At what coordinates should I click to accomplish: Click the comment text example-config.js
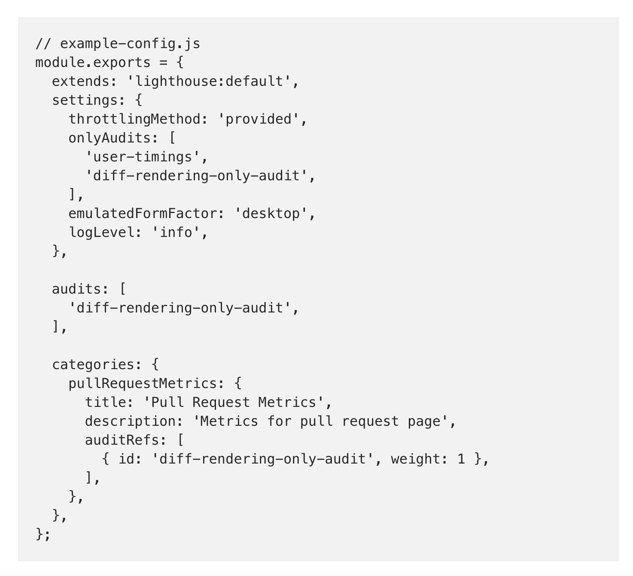(130, 44)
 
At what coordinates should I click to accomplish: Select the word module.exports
(93, 63)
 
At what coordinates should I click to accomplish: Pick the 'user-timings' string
(143, 157)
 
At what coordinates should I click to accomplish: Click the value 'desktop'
(271, 214)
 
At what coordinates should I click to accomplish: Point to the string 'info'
(176, 233)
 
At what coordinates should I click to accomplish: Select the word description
(134, 421)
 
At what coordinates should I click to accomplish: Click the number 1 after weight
(461, 459)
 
